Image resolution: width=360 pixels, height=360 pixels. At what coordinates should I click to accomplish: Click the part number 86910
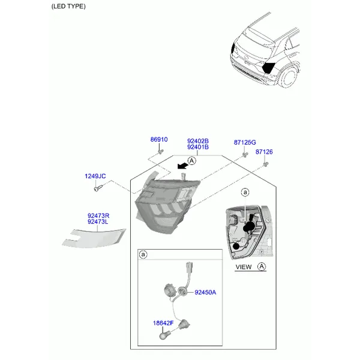[159, 139]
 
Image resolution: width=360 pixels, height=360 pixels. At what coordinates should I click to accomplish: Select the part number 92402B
[198, 141]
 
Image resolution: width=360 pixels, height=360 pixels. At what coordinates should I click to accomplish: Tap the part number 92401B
[198, 147]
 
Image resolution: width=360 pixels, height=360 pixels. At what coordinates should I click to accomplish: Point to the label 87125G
[245, 142]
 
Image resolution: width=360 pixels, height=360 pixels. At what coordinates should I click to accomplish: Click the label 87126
[264, 152]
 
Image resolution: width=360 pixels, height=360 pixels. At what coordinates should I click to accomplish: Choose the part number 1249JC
[95, 176]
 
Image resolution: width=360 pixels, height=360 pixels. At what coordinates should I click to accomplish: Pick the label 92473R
[98, 216]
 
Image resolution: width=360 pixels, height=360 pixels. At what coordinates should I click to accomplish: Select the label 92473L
[98, 222]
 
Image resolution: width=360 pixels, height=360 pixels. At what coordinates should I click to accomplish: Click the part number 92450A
[205, 292]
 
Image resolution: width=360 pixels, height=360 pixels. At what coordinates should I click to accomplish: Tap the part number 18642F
[163, 323]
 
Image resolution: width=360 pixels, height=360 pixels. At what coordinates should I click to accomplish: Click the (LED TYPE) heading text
[68, 7]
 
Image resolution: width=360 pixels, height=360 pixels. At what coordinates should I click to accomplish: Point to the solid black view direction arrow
[182, 166]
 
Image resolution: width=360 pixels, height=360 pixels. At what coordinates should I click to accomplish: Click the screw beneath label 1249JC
[97, 188]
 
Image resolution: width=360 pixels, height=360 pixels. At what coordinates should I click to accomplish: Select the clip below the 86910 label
[161, 152]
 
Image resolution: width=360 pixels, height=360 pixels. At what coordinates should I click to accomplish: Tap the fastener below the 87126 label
[266, 164]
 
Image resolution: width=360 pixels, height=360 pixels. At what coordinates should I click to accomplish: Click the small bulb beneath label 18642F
[163, 335]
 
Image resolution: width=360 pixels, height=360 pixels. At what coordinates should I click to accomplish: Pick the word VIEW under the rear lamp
[244, 267]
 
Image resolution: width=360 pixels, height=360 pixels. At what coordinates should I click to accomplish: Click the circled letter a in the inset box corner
[143, 254]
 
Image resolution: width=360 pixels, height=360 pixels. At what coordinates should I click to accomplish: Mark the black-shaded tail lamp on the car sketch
[268, 67]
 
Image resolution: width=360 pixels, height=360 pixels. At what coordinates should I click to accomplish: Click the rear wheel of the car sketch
[289, 77]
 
